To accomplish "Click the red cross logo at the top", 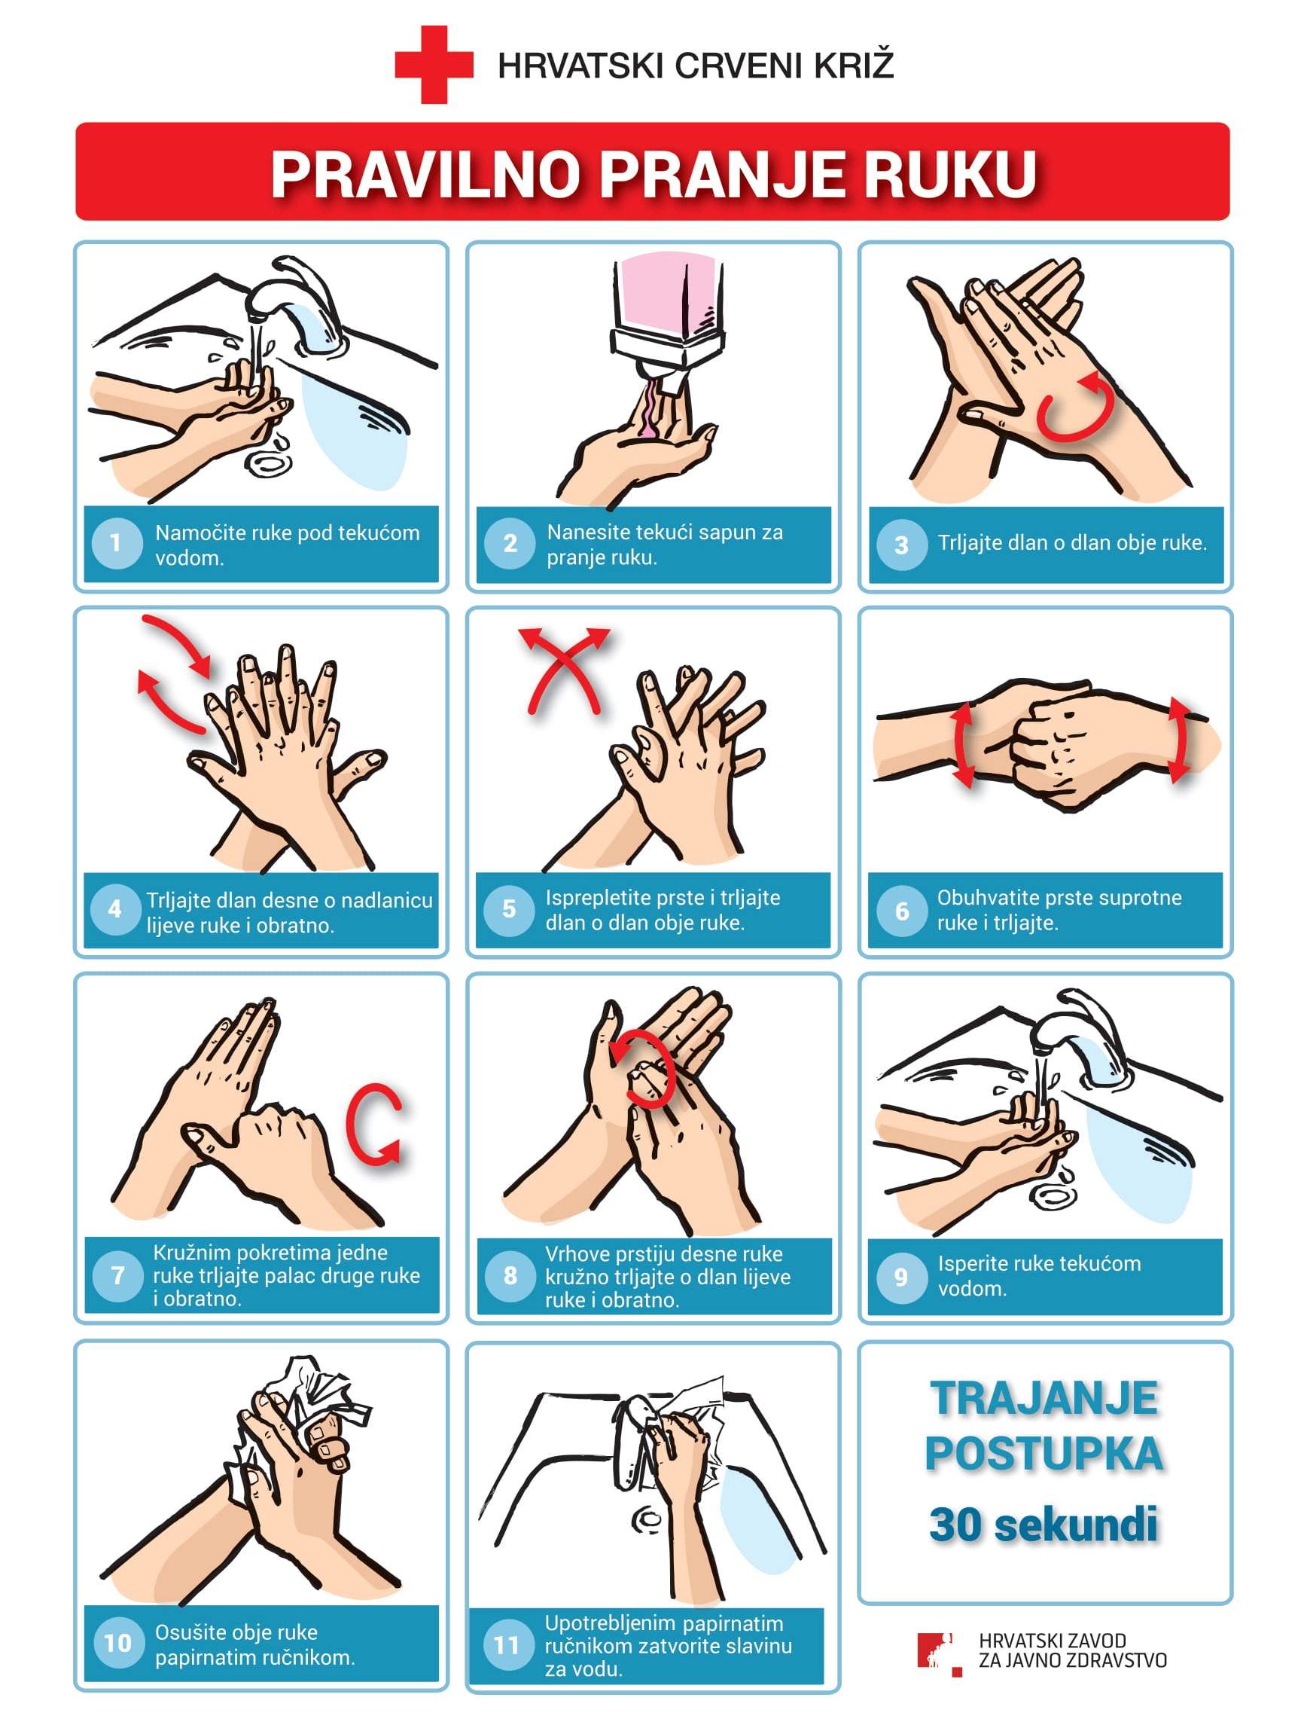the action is (x=434, y=65).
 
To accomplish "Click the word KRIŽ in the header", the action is (x=854, y=65).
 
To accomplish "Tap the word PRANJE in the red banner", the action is (x=722, y=174).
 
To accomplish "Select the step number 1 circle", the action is (x=116, y=543).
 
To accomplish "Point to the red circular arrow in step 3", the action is (x=1075, y=406).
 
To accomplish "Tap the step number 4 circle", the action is (x=115, y=909).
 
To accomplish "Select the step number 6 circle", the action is (x=901, y=909).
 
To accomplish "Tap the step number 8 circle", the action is (x=510, y=1275).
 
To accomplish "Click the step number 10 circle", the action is (x=118, y=1643).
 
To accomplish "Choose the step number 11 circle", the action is (x=507, y=1645).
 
